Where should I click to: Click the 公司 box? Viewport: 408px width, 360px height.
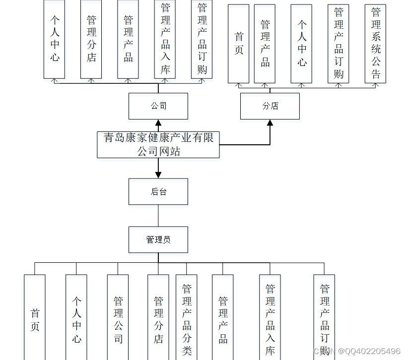(158, 106)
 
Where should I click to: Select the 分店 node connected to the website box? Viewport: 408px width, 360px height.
(270, 106)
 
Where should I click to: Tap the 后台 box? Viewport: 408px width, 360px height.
(158, 191)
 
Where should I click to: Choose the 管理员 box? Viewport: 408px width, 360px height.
(158, 240)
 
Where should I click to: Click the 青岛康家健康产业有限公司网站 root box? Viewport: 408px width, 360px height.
(158, 144)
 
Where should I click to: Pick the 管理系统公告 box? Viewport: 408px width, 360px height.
(375, 44)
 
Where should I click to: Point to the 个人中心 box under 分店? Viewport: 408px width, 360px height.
(302, 44)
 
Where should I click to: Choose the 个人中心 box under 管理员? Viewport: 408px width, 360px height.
(76, 317)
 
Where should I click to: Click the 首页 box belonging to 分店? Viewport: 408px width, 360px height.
(239, 44)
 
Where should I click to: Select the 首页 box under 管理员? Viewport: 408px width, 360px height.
(35, 317)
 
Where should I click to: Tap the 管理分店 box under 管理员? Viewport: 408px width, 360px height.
(158, 317)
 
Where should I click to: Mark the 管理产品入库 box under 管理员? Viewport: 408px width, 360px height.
(270, 317)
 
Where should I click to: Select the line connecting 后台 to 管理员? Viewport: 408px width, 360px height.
(158, 216)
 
